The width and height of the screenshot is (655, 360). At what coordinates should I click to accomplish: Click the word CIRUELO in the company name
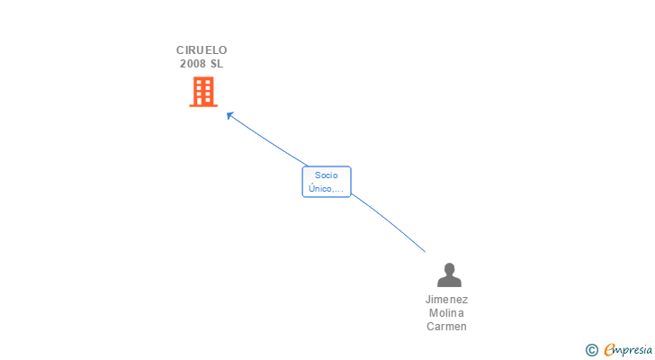[202, 50]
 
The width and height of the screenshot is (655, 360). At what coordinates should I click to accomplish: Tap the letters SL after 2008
[216, 64]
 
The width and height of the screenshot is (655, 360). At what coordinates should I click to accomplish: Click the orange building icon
[203, 92]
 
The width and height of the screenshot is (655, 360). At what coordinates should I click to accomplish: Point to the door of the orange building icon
[203, 102]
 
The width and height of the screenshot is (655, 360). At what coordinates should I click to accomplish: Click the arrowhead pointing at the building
[229, 115]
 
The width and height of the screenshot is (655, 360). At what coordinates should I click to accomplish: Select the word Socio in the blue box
[326, 175]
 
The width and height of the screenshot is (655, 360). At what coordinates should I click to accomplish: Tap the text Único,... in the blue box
[326, 189]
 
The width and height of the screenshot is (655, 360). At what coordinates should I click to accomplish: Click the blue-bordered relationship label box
[326, 182]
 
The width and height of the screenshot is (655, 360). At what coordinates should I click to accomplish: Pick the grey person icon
[448, 274]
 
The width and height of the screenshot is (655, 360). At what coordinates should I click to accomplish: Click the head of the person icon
[448, 268]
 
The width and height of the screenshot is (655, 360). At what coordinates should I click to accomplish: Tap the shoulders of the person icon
[448, 282]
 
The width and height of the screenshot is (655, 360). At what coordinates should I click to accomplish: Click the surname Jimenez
[447, 300]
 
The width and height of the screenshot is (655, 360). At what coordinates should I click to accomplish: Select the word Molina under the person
[447, 313]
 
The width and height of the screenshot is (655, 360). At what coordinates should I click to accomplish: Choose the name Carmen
[447, 327]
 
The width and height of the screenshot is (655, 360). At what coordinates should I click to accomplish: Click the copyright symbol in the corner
[591, 349]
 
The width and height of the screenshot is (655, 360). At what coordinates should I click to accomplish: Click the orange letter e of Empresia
[609, 349]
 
